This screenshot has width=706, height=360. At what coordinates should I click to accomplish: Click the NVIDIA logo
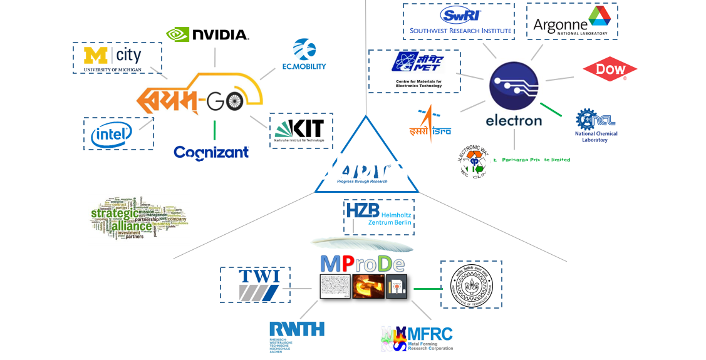point(208,34)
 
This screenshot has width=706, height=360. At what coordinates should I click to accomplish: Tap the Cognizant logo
point(211,152)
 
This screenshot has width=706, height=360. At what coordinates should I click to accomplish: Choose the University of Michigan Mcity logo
point(117,58)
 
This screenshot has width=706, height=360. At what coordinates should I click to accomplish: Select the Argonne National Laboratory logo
point(571,21)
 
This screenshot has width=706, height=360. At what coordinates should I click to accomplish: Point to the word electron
point(514,120)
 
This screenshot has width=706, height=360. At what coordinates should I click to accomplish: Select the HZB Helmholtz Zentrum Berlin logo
point(380,213)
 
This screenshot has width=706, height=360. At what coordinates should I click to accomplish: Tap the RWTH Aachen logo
point(296,336)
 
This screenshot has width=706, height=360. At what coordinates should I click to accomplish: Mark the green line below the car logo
point(214,130)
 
